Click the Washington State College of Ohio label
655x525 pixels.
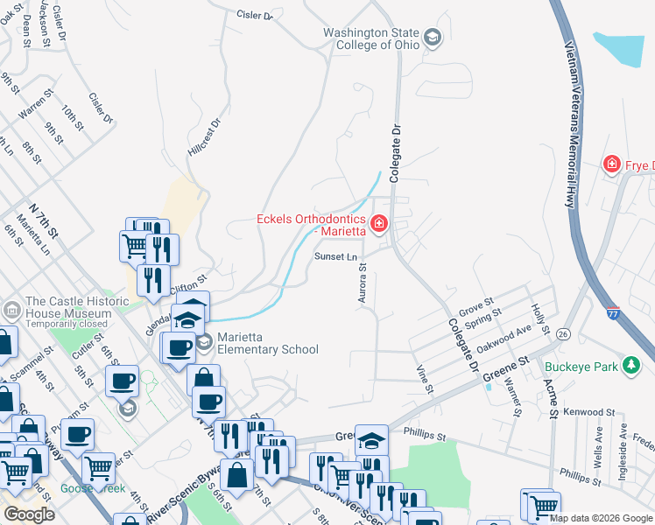pos(370,38)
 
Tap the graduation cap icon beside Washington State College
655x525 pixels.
pos(432,38)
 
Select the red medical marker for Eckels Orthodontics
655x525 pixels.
pos(379,225)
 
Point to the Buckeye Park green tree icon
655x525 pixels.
pos(631,366)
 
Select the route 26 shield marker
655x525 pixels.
pos(562,333)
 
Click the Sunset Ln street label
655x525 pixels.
pos(336,256)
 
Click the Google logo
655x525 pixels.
pos(29,514)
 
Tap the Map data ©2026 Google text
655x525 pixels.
pos(601,518)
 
